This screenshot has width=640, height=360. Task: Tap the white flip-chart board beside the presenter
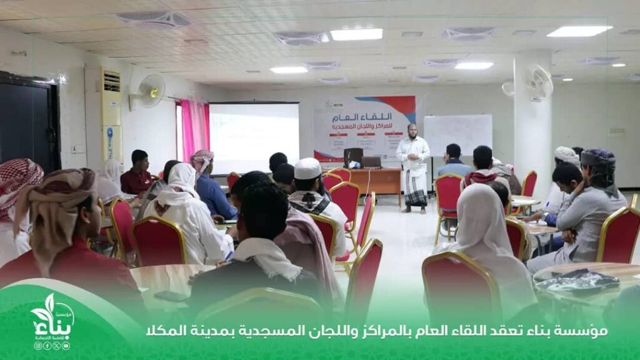pyautogui.click(x=457, y=134)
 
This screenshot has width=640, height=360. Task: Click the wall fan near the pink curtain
pyautogui.click(x=150, y=91)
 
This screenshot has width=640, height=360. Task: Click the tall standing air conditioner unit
pyautogui.click(x=111, y=116)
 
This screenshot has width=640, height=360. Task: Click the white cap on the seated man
pyautogui.click(x=307, y=168)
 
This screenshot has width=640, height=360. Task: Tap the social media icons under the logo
pyautogui.click(x=52, y=346)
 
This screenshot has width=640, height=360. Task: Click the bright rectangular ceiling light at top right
pyautogui.click(x=579, y=31)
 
